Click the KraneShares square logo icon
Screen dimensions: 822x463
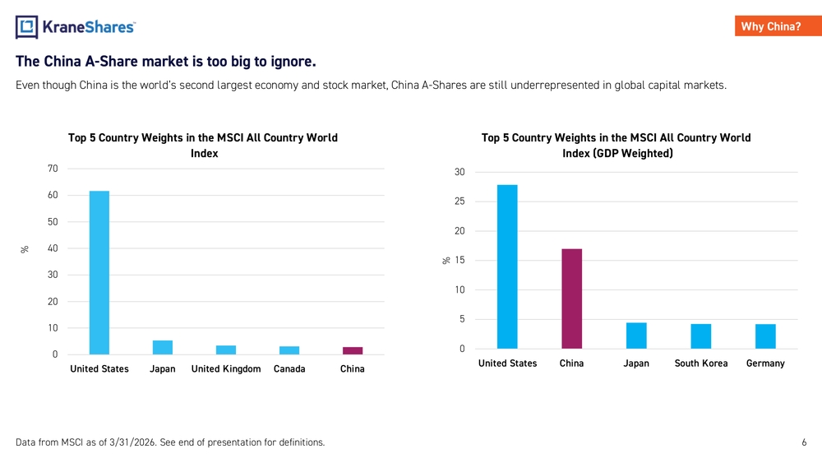(x=27, y=27)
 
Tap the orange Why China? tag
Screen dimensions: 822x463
(x=778, y=26)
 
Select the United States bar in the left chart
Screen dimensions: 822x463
(x=99, y=273)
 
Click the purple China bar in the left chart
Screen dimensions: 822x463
(x=353, y=351)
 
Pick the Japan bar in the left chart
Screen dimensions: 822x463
(x=163, y=348)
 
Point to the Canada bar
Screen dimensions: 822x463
(x=289, y=350)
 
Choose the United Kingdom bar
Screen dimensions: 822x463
(x=226, y=350)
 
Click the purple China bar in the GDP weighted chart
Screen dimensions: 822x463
(x=571, y=299)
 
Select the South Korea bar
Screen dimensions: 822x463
(x=701, y=336)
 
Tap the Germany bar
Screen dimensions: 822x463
(x=765, y=336)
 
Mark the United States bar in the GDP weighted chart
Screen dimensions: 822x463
(x=507, y=267)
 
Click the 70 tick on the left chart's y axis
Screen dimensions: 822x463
(x=53, y=169)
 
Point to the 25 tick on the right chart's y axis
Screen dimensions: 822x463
(x=459, y=201)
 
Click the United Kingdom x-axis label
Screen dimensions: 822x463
(x=226, y=368)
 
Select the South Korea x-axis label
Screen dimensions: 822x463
(x=701, y=363)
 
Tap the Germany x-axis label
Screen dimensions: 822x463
(x=765, y=363)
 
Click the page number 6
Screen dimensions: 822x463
(x=804, y=442)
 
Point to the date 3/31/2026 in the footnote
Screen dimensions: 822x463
(x=132, y=442)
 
